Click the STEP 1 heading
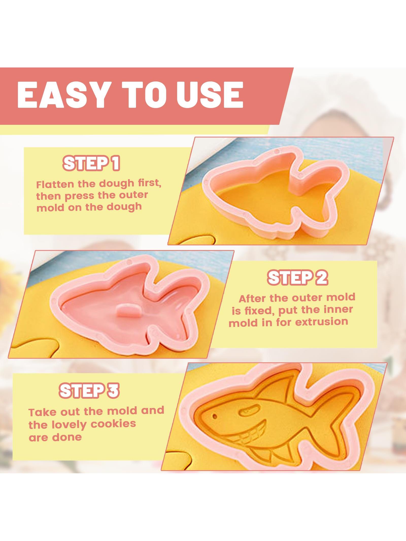(x=91, y=163)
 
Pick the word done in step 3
(x=67, y=437)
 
